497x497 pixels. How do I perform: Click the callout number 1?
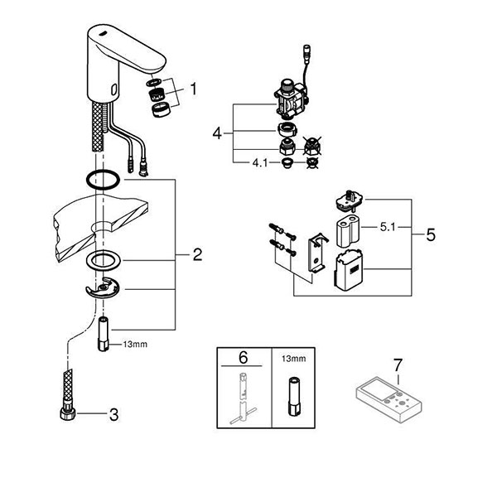tap(193, 86)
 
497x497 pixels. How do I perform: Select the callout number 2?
tap(197, 255)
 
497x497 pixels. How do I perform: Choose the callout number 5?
tap(430, 234)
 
